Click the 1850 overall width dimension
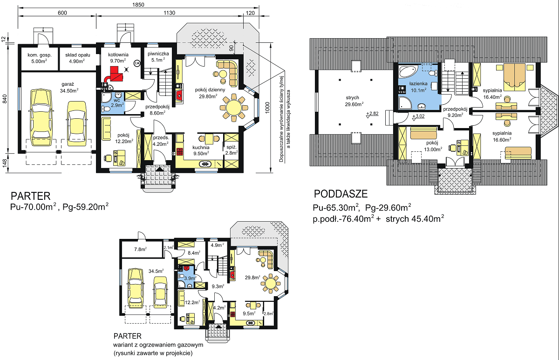pyautogui.click(x=138, y=5)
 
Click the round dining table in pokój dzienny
pyautogui.click(x=234, y=108)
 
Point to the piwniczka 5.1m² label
pyautogui.click(x=158, y=57)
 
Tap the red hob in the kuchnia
pyautogui.click(x=180, y=152)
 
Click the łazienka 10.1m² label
pyautogui.click(x=418, y=87)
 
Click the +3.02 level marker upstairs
pyautogui.click(x=418, y=117)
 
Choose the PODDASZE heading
pyautogui.click(x=341, y=194)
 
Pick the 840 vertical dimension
pyautogui.click(x=5, y=99)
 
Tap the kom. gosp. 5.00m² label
pyautogui.click(x=40, y=58)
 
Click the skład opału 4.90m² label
pyautogui.click(x=78, y=58)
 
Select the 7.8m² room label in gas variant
pyautogui.click(x=140, y=249)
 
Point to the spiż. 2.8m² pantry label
pyautogui.click(x=232, y=150)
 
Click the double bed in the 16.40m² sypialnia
pyautogui.click(x=515, y=77)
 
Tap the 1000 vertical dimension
pyautogui.click(x=267, y=108)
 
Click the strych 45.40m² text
pyautogui.click(x=415, y=219)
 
